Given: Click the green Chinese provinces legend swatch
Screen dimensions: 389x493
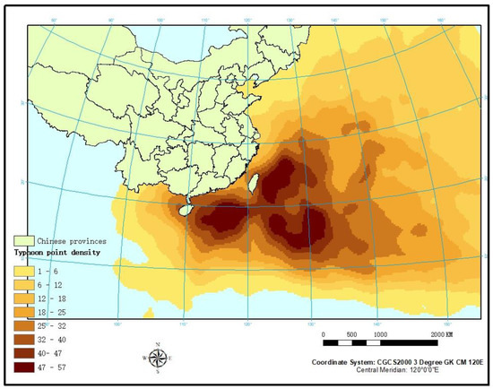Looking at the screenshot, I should (x=22, y=241).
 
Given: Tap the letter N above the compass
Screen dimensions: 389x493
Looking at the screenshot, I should (x=158, y=345).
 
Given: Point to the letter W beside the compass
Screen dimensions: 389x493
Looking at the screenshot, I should (x=143, y=359).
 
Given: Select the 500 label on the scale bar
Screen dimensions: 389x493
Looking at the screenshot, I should (x=351, y=333).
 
